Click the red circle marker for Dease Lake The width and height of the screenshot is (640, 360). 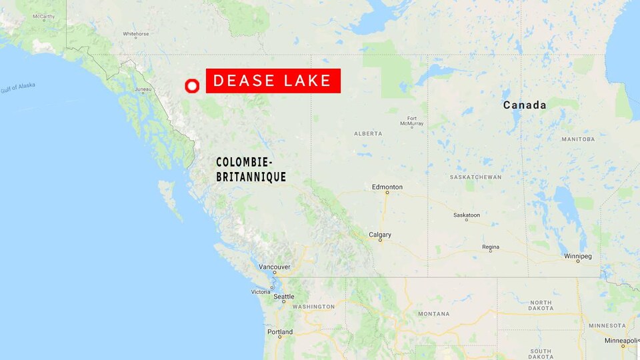coord(192,86)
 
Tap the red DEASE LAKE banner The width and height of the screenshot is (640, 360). coord(273,81)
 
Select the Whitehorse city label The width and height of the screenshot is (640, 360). coord(136,33)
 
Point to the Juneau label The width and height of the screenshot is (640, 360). coord(143,89)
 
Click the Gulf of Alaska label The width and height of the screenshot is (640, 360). coord(18,87)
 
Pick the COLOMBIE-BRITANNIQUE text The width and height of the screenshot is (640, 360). coord(251,169)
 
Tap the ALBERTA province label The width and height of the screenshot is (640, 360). coord(368,133)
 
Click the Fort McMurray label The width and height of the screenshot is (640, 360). coord(412,121)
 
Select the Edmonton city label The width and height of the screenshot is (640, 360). coord(387,187)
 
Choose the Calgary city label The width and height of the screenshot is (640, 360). coord(380,235)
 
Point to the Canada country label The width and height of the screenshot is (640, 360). coord(525,105)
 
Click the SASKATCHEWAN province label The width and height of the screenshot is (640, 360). coord(475,177)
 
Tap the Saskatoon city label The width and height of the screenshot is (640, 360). coord(467,215)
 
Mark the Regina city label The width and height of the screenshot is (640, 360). coord(491,247)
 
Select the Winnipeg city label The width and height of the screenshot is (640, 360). coord(577,256)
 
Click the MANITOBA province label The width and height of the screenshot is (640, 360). coord(577,139)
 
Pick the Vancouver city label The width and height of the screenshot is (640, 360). coord(275,267)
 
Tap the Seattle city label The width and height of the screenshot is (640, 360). coord(283,297)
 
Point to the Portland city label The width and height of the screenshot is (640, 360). coord(280,332)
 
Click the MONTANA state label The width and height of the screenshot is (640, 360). coord(433,313)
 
